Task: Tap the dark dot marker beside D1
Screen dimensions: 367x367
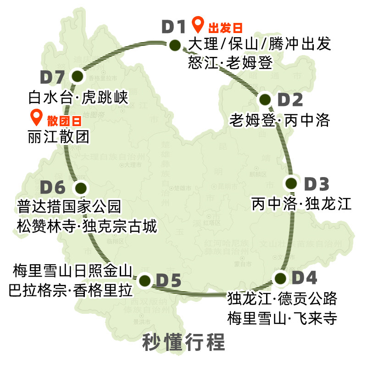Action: pyautogui.click(x=175, y=45)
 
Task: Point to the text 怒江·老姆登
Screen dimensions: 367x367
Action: pyautogui.click(x=230, y=62)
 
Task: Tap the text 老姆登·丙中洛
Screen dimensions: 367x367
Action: pyautogui.click(x=279, y=121)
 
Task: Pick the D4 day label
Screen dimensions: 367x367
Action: pyautogui.click(x=304, y=278)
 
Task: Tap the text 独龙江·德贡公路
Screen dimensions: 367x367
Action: pyautogui.click(x=282, y=299)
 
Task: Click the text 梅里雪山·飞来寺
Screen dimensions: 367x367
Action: pyautogui.click(x=282, y=317)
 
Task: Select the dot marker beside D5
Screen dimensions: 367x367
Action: pyautogui.click(x=145, y=280)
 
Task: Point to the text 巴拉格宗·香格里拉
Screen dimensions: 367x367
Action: pyautogui.click(x=70, y=290)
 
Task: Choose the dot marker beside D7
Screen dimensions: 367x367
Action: pyautogui.click(x=77, y=76)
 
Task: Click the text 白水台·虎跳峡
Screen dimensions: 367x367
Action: pyautogui.click(x=77, y=97)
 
